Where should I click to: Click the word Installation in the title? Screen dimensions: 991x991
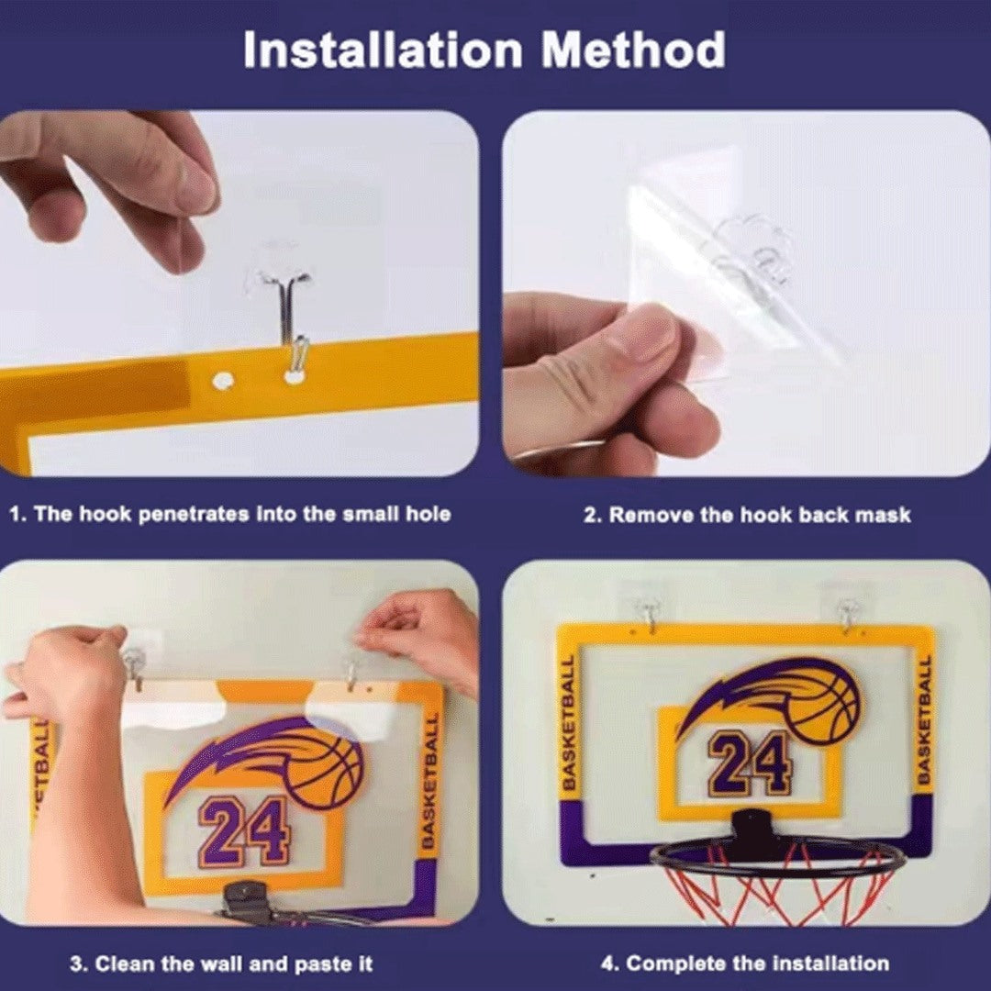click(384, 52)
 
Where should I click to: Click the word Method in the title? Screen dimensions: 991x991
click(633, 52)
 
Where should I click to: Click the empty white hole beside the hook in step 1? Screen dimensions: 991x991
click(221, 377)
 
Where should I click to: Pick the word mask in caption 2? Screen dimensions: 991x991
click(883, 515)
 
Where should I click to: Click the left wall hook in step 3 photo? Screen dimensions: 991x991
click(134, 663)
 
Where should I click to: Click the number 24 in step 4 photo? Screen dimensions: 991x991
click(750, 763)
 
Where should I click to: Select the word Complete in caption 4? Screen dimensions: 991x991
click(670, 963)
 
